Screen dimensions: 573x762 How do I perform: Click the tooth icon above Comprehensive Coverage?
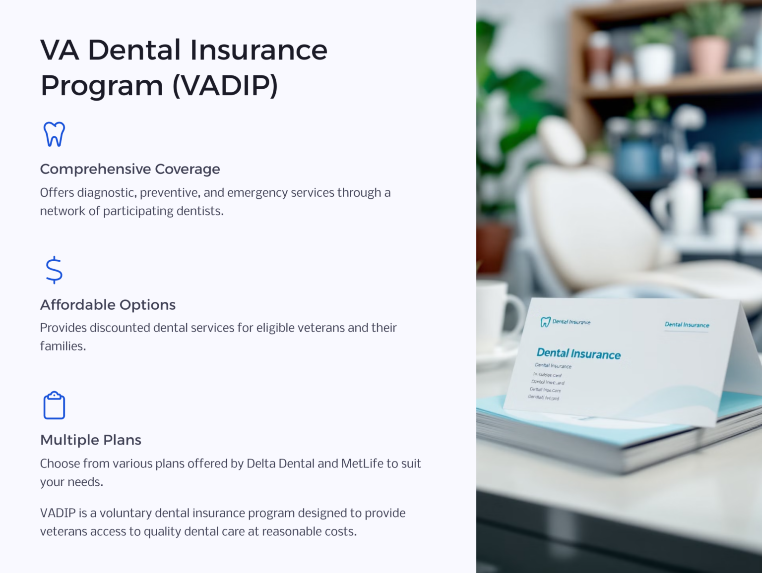pyautogui.click(x=54, y=134)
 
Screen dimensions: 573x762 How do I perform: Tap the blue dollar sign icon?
pyautogui.click(x=54, y=270)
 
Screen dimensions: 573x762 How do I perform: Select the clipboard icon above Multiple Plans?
pyautogui.click(x=54, y=405)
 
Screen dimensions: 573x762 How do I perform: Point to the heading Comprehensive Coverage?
pyautogui.click(x=130, y=169)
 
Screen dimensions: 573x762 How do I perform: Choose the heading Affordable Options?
pyautogui.click(x=108, y=304)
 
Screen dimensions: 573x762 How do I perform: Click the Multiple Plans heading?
pyautogui.click(x=91, y=440)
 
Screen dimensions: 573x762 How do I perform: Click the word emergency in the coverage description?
pyautogui.click(x=257, y=192)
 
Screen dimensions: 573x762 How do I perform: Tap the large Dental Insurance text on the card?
pyautogui.click(x=578, y=353)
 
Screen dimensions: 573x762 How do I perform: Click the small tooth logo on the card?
pyautogui.click(x=545, y=322)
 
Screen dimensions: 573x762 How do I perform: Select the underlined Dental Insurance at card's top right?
pyautogui.click(x=687, y=325)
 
